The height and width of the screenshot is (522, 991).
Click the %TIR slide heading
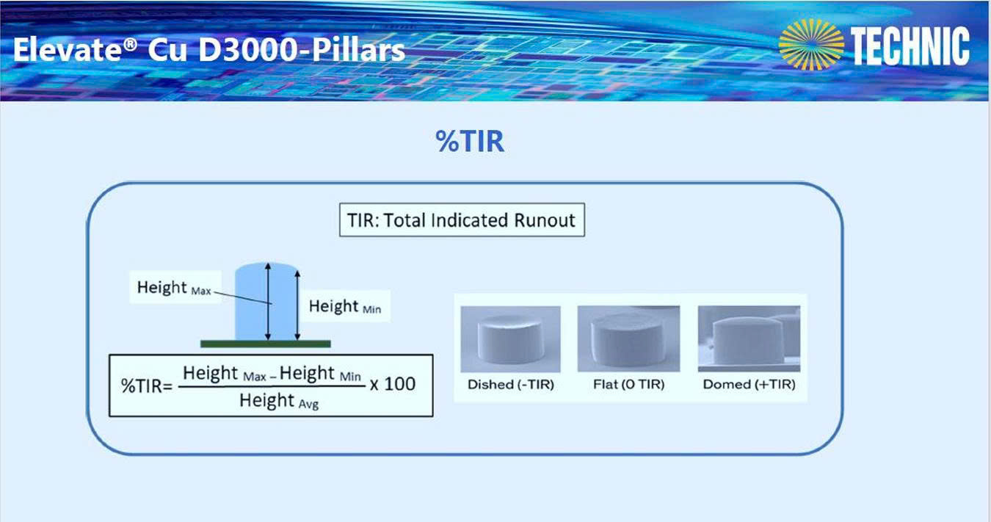469,142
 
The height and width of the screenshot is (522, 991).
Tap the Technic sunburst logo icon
811,45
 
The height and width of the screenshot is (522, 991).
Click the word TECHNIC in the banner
910,46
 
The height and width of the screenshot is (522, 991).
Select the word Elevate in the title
68,49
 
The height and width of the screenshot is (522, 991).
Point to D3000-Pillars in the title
301,49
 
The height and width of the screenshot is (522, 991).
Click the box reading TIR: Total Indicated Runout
462,220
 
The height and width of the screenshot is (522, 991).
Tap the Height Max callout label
174,288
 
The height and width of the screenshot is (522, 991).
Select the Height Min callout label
344,306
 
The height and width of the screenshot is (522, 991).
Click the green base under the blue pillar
266,344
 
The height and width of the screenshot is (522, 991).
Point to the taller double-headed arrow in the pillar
268,302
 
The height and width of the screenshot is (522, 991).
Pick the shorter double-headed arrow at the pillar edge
297,305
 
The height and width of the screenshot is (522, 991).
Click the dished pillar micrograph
510,339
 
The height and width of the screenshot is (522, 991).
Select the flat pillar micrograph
628,339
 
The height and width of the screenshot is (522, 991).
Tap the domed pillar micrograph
749,339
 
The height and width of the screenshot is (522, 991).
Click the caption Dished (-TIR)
511,385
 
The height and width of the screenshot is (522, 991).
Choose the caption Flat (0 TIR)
628,385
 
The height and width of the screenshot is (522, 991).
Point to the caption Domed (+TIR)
749,385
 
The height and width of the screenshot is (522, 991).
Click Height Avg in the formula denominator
279,401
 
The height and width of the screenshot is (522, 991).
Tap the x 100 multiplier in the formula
393,384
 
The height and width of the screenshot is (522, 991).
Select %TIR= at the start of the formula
146,386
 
